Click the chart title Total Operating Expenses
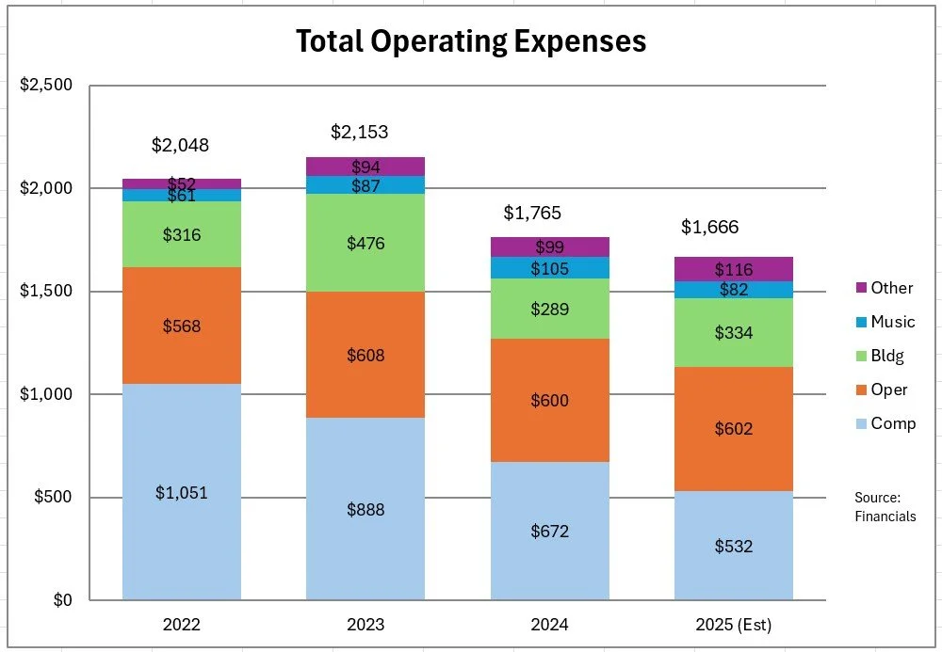(471, 42)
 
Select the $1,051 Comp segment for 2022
(181, 492)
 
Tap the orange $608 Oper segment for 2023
(365, 355)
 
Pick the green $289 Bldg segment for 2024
(549, 309)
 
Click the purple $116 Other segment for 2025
(733, 269)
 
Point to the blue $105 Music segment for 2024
(549, 268)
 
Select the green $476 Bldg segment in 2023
(365, 243)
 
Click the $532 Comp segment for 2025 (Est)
(733, 547)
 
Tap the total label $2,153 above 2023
(359, 133)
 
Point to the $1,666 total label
(710, 227)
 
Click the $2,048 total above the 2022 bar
(180, 146)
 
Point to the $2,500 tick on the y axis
(46, 86)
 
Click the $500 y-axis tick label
(53, 497)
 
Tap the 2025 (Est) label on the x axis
(733, 625)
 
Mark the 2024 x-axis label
(549, 625)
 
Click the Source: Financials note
(885, 506)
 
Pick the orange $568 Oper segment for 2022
(181, 326)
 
